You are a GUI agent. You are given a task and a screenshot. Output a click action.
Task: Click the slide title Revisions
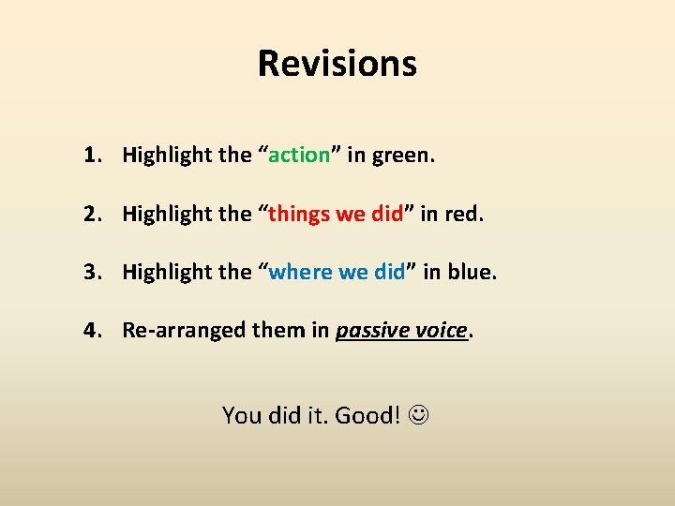point(337,64)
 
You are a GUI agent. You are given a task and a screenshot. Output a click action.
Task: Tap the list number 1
point(90,155)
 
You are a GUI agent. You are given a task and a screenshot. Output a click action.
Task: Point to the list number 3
point(90,272)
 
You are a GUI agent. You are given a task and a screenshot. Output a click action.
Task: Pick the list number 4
point(90,330)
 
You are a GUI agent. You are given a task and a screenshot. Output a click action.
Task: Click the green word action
point(299,155)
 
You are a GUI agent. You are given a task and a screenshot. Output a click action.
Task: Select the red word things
point(299,214)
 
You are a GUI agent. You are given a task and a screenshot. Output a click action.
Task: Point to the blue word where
point(300,272)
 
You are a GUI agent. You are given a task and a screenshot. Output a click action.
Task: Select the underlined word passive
point(372,331)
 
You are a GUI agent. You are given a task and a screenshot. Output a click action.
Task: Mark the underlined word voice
point(441,330)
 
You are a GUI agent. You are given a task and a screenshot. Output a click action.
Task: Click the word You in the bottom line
point(241,414)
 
